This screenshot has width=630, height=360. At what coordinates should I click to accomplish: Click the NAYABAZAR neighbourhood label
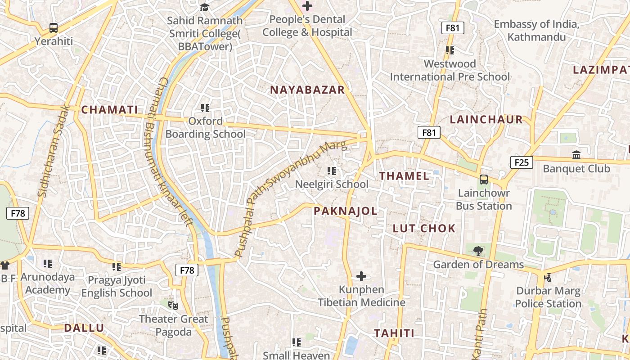coord(307,90)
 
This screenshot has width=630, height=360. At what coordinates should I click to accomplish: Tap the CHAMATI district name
coord(109,110)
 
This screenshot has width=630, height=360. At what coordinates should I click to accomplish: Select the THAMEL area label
coord(404,176)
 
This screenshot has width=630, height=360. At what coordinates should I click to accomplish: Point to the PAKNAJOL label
coord(345,211)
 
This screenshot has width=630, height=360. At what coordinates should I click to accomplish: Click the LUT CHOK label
coord(424,228)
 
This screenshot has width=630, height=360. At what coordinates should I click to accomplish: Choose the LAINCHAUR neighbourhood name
coord(486,120)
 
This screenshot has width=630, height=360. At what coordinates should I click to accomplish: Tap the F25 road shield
coord(522,162)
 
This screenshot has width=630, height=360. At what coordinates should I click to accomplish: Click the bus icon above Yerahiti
coord(54,28)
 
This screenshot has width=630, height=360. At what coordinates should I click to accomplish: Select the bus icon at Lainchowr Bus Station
coord(484,180)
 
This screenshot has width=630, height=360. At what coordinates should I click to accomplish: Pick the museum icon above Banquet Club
coord(576,155)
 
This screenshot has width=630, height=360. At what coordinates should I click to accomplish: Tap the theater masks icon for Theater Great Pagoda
coord(173,305)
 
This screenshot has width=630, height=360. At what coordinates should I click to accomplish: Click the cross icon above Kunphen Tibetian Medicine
coord(361,276)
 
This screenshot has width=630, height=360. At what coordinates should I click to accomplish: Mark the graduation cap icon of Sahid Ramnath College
coord(205,7)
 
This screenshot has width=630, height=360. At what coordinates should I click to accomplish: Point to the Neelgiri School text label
coord(332,184)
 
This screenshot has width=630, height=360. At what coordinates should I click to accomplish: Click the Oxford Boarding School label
coord(206,128)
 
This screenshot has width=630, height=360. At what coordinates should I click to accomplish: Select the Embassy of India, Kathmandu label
coord(536,31)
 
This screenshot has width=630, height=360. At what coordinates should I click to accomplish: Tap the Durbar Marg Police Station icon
coord(548,277)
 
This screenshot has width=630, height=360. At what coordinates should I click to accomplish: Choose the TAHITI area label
coord(394,333)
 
